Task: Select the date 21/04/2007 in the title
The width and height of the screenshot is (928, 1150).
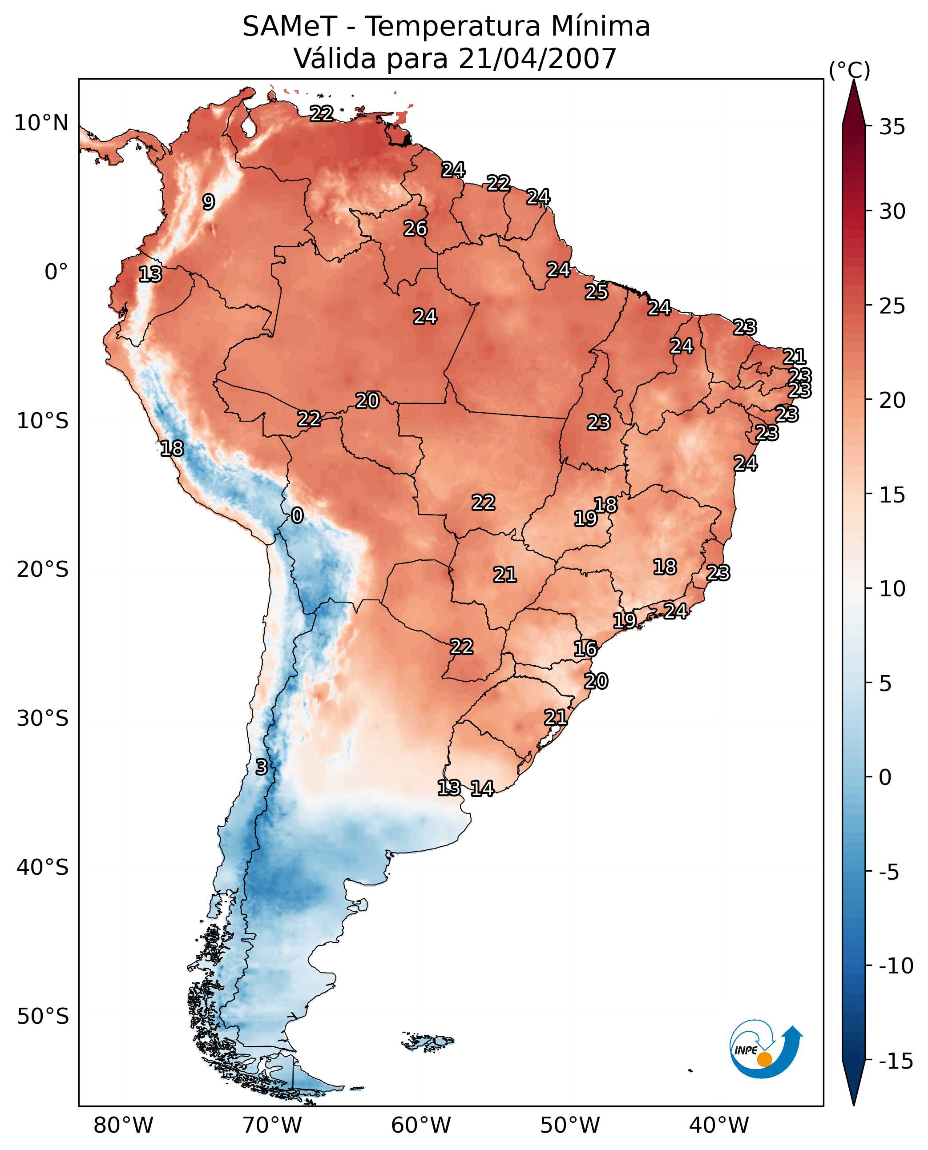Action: tap(537, 59)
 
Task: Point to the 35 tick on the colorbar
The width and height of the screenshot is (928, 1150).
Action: tap(892, 127)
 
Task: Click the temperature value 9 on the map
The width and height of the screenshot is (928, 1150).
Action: tap(209, 202)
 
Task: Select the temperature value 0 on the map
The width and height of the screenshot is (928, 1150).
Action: tap(297, 516)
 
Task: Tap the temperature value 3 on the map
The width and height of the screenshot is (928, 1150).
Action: tap(261, 767)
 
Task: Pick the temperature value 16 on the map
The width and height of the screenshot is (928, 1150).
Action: tap(585, 649)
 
